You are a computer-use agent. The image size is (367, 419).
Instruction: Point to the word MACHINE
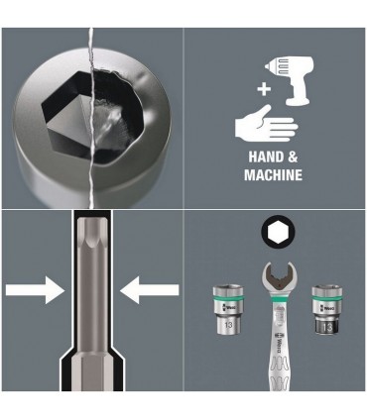[272, 175]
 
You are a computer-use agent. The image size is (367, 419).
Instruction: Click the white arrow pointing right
[35, 289]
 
